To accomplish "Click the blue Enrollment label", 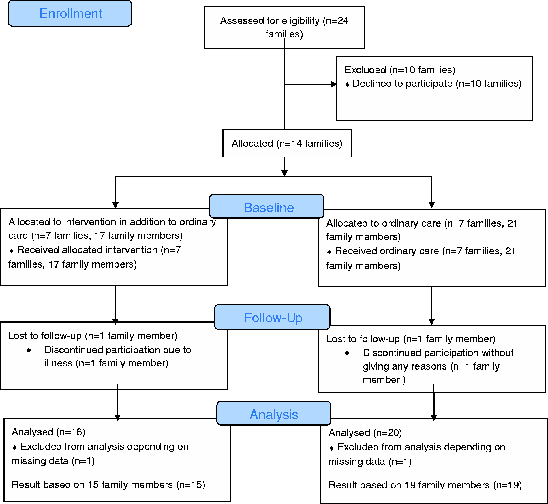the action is pyautogui.click(x=70, y=14).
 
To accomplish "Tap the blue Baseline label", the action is pyautogui.click(x=267, y=206).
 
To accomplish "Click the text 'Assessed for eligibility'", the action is pyautogui.click(x=270, y=21).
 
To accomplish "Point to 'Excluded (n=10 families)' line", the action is pyautogui.click(x=400, y=70).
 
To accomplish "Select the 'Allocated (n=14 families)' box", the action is pyautogui.click(x=287, y=143).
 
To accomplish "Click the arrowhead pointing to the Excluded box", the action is pyautogui.click(x=334, y=84).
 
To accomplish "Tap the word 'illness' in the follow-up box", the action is pyautogui.click(x=58, y=363).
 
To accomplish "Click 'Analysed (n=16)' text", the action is pyautogui.click(x=48, y=432).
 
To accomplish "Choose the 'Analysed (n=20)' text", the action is pyautogui.click(x=365, y=432).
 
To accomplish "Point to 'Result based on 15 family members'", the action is pyautogui.click(x=92, y=484).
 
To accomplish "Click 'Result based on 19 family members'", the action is pyautogui.click(x=409, y=485).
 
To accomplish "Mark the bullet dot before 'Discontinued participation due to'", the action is pyautogui.click(x=29, y=350).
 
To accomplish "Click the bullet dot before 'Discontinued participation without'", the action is pyautogui.click(x=347, y=353).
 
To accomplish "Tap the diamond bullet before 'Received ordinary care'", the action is pyautogui.click(x=329, y=252).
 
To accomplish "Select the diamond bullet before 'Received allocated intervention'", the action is pyautogui.click(x=11, y=251).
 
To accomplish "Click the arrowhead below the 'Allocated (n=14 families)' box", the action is pyautogui.click(x=284, y=173).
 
